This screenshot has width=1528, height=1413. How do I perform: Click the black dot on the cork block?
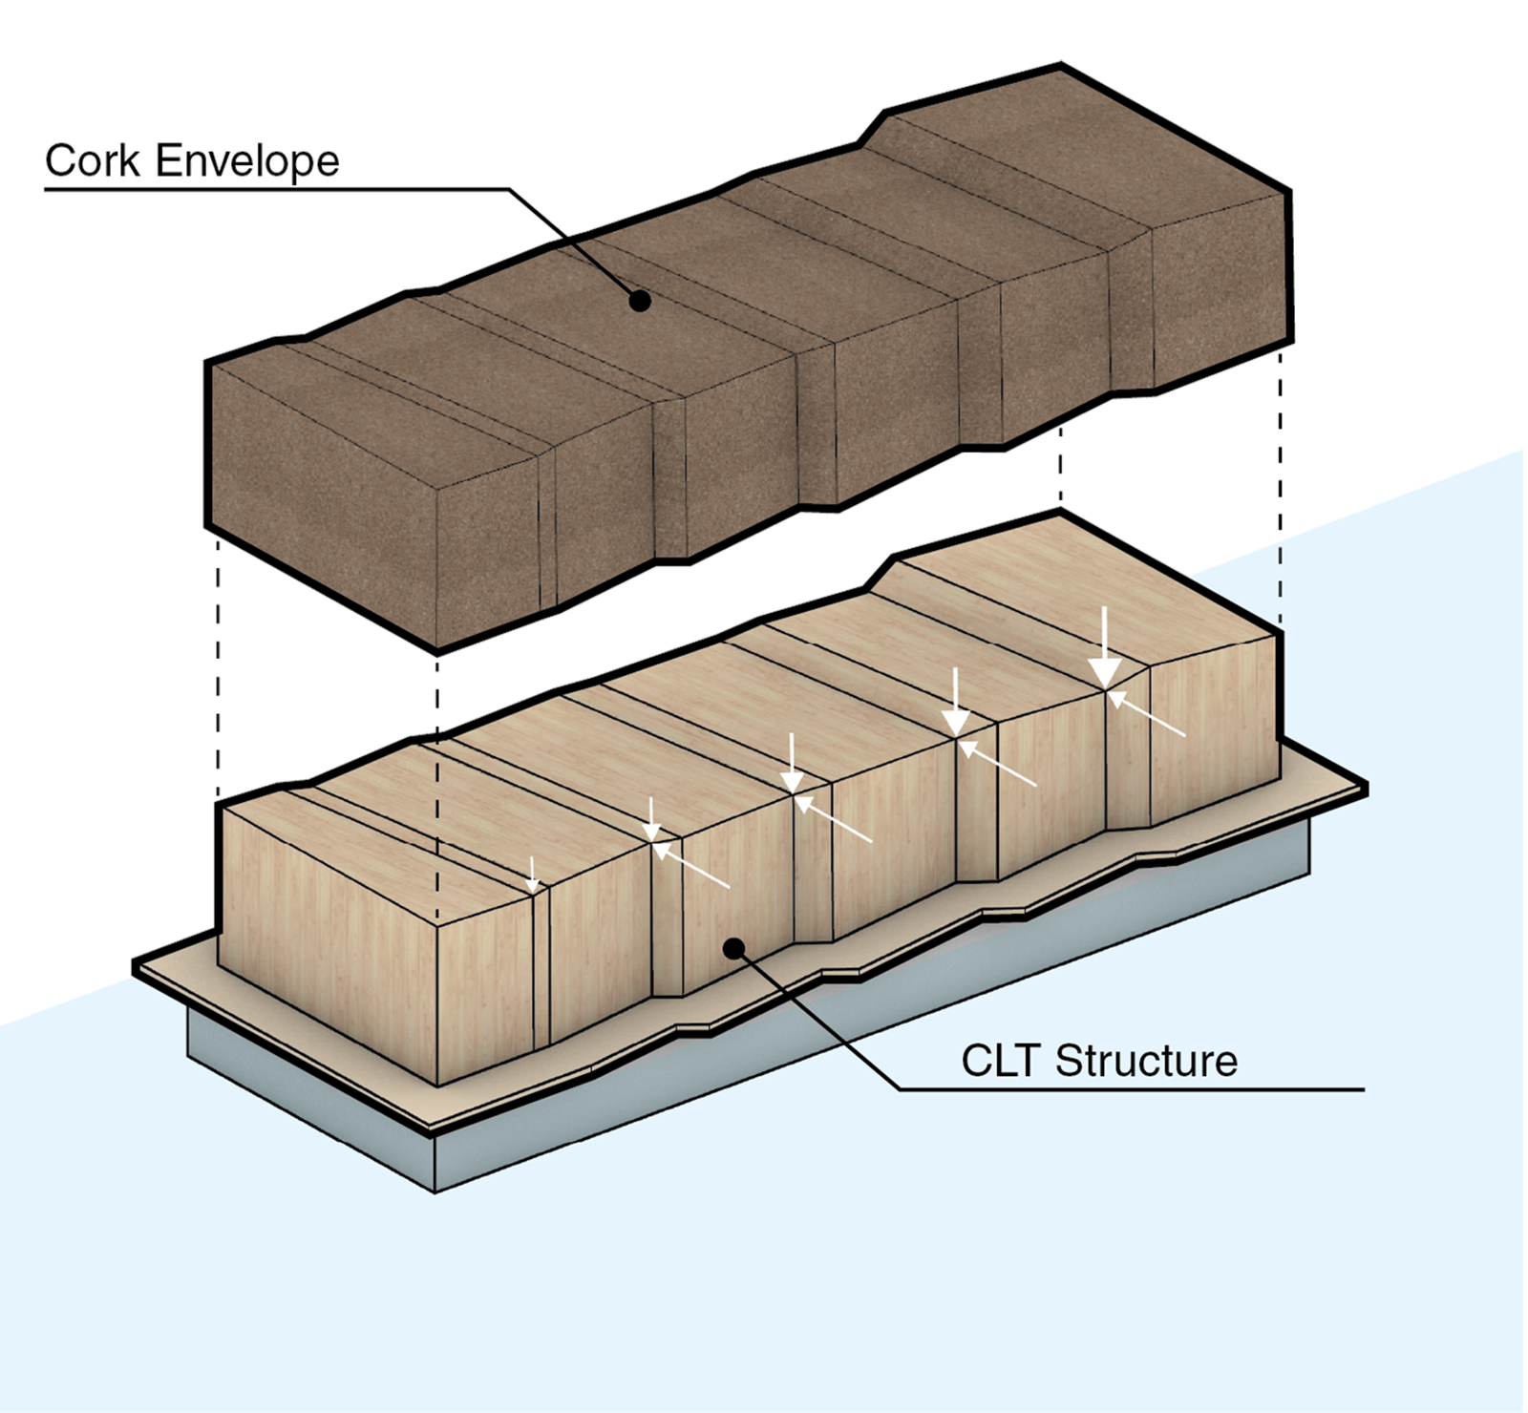click(x=640, y=301)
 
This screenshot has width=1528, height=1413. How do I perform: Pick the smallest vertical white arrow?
click(x=533, y=874)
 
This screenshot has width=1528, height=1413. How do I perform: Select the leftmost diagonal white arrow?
click(x=692, y=867)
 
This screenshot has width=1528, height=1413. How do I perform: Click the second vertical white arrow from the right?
click(x=956, y=702)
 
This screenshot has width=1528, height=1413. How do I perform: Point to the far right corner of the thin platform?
click(x=1366, y=790)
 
